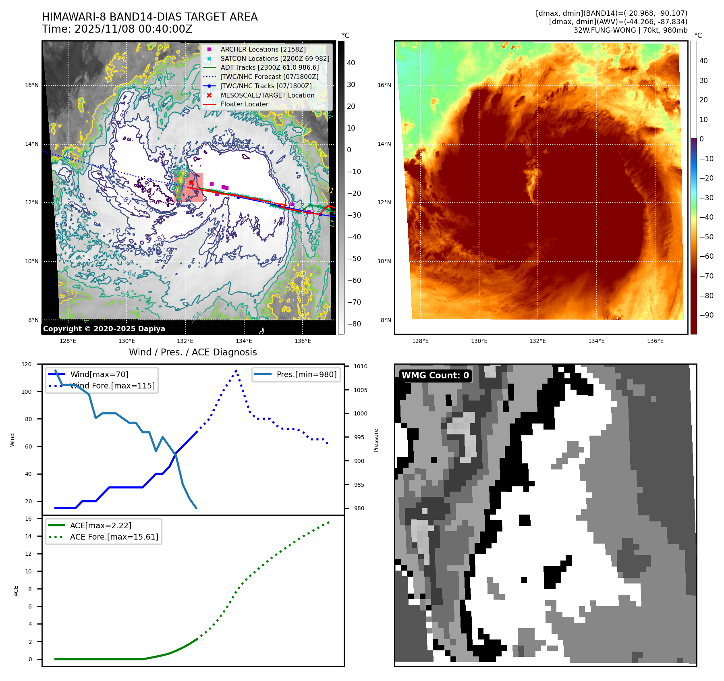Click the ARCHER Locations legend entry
[x=263, y=49]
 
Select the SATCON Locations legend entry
[x=275, y=58]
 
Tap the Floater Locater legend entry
[x=244, y=104]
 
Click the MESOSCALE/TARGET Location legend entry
[x=267, y=95]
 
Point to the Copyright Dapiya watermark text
[x=104, y=329]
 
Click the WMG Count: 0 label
[x=435, y=376]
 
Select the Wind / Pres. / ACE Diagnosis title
[x=193, y=352]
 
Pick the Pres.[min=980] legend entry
[x=306, y=374]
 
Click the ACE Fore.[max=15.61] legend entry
[x=114, y=537]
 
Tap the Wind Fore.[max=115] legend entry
[x=112, y=386]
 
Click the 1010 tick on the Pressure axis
[x=361, y=366]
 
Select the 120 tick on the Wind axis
[x=27, y=364]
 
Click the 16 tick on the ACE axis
[x=28, y=519]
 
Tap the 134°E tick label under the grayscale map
[x=244, y=341]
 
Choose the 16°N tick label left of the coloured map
[x=384, y=85]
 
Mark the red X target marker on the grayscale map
[x=191, y=183]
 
